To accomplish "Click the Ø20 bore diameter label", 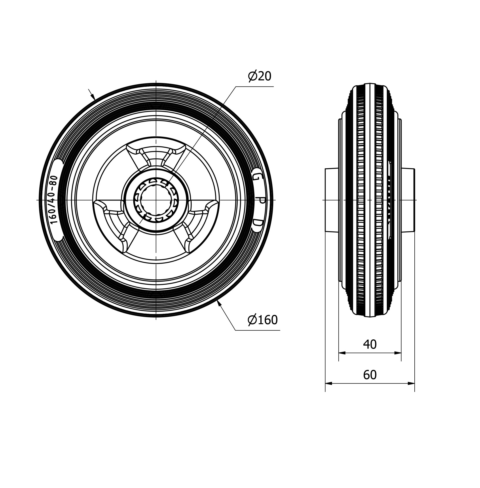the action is [x=260, y=76].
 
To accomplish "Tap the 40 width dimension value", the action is [x=370, y=344].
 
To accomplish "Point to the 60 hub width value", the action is [x=370, y=375].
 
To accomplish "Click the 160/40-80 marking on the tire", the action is [x=54, y=200].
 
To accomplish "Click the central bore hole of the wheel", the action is [x=156, y=200].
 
